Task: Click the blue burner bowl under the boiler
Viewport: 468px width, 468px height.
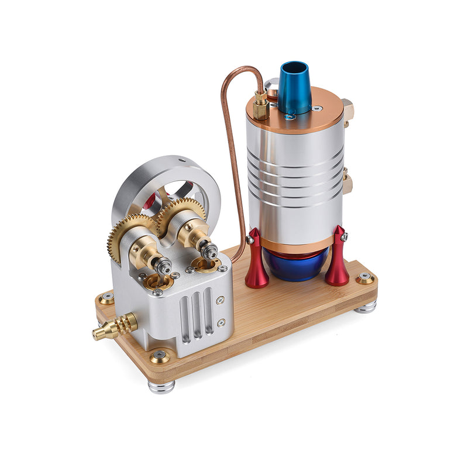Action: point(296,267)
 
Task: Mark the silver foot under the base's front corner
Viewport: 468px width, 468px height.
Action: point(161,386)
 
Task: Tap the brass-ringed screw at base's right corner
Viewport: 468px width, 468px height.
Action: point(365,277)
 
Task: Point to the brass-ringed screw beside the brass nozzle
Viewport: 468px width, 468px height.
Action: point(106,298)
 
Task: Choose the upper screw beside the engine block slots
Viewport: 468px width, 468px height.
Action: point(220,300)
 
